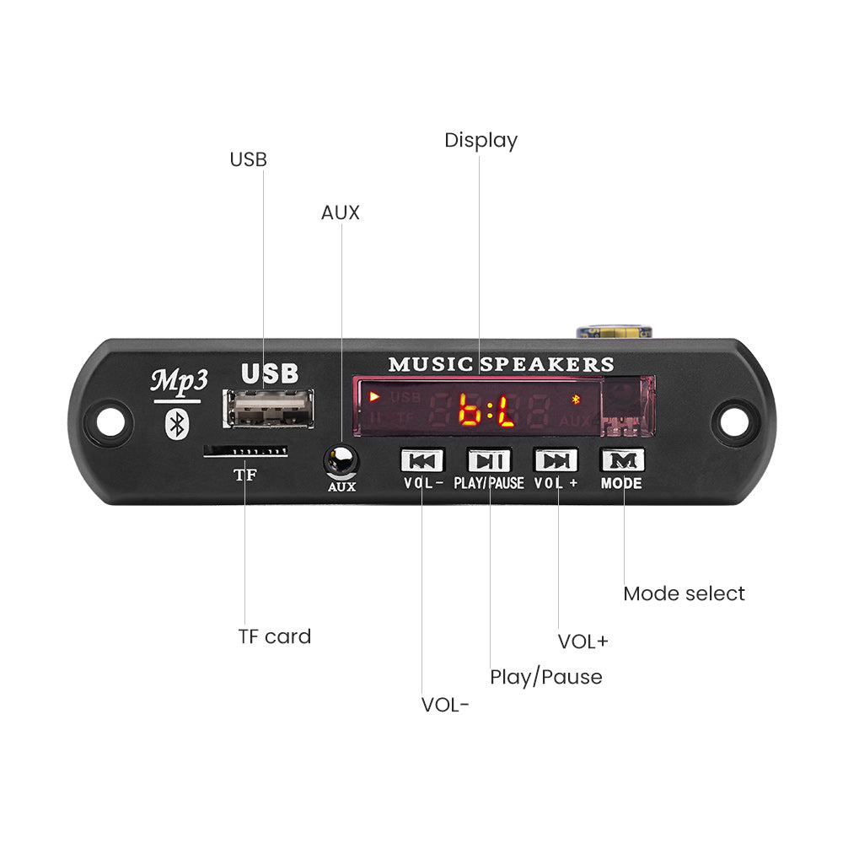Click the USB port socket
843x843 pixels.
269,409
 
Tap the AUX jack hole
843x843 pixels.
341,460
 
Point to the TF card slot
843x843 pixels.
245,453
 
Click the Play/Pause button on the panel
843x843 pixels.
489,460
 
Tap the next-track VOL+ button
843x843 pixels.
556,460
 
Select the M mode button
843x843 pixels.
622,460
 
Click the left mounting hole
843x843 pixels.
110,419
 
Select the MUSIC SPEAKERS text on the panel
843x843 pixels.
501,364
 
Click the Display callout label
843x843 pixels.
481,141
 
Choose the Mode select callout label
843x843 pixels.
684,593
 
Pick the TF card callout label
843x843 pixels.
274,636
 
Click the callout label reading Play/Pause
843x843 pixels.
545,677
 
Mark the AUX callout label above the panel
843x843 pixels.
340,212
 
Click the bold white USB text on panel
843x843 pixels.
270,373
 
